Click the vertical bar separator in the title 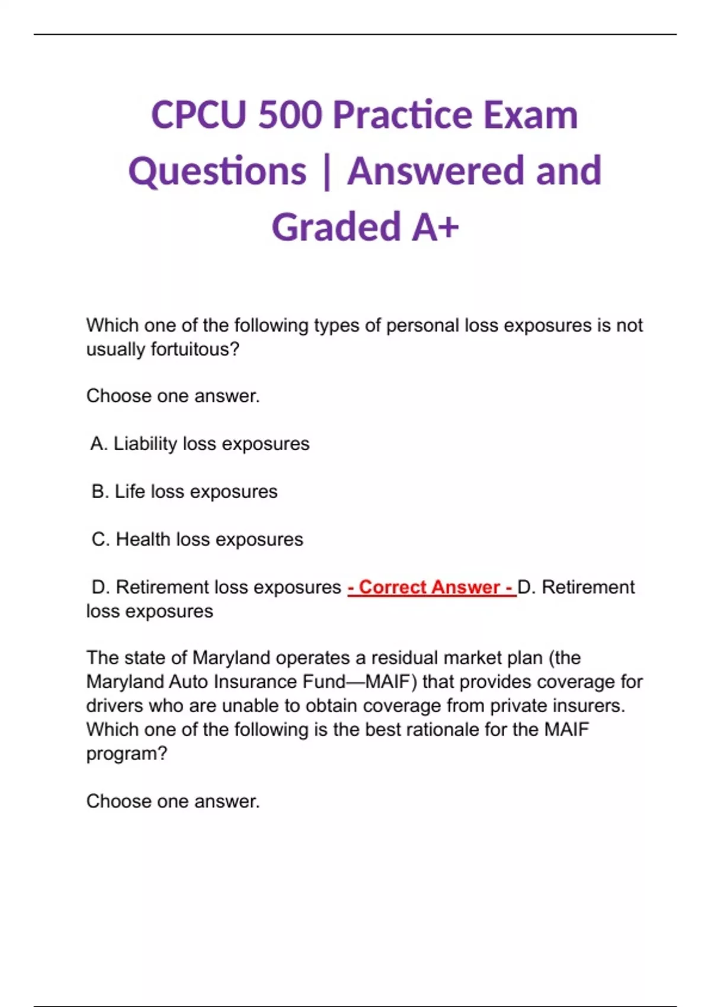click(326, 172)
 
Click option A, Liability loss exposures click(200, 444)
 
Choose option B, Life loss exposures click(184, 492)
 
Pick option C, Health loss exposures click(197, 540)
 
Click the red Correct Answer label click(431, 587)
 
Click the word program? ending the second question click(126, 753)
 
